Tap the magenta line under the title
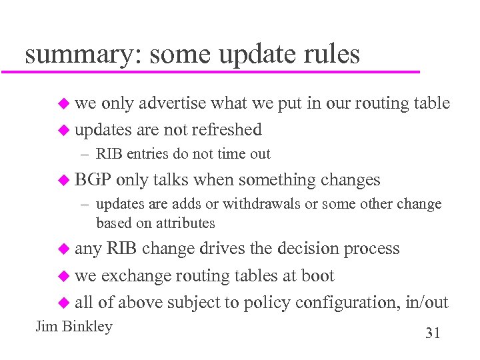pos(220,71)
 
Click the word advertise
pos(173,103)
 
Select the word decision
pos(306,249)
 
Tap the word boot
pos(317,275)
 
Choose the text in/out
pos(427,302)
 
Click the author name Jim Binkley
pos(74,327)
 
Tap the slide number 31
pos(433,333)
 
